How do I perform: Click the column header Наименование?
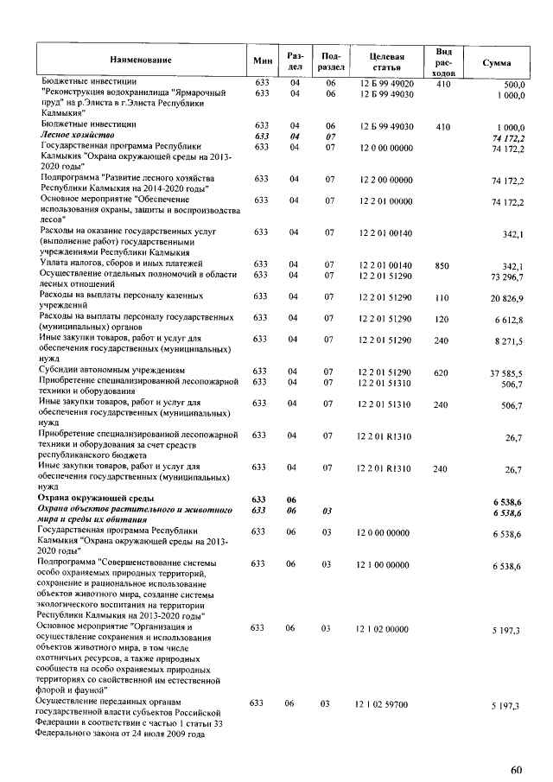click(x=140, y=60)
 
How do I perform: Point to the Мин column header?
click(x=262, y=60)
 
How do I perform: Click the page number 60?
click(x=516, y=768)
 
